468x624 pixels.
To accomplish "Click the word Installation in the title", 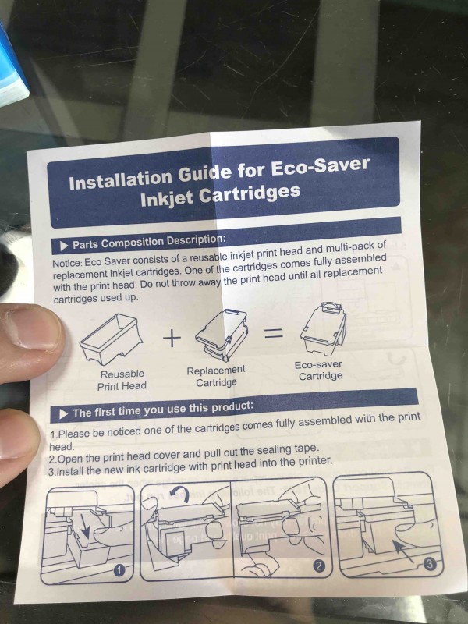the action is coord(121,179).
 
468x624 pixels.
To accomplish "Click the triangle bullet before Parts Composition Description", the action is coord(65,246).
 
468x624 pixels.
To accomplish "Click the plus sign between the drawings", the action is coord(172,339).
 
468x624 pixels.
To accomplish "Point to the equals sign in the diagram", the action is coord(275,335).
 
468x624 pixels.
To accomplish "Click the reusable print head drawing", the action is coord(112,339).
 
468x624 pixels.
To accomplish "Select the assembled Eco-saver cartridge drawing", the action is coord(324,328).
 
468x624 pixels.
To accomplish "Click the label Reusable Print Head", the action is coord(122,380).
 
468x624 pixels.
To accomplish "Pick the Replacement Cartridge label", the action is coord(217,377).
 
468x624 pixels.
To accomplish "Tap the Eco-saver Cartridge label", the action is coord(319,370).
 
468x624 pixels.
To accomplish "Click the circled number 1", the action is coord(119,571).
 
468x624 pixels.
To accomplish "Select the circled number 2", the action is coord(317,566).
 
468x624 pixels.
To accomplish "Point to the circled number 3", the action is coord(430,563).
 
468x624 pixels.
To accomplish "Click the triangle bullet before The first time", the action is coord(64,414).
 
